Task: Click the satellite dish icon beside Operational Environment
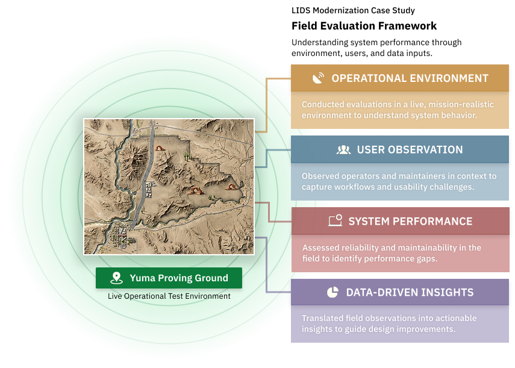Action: click(318, 78)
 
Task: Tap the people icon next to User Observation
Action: click(344, 150)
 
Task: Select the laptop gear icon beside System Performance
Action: click(335, 221)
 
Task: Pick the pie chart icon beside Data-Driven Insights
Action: click(332, 292)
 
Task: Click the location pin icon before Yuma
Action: click(117, 278)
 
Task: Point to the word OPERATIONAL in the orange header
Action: click(368, 78)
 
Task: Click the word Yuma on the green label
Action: click(142, 278)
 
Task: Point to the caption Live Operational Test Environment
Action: click(169, 296)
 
